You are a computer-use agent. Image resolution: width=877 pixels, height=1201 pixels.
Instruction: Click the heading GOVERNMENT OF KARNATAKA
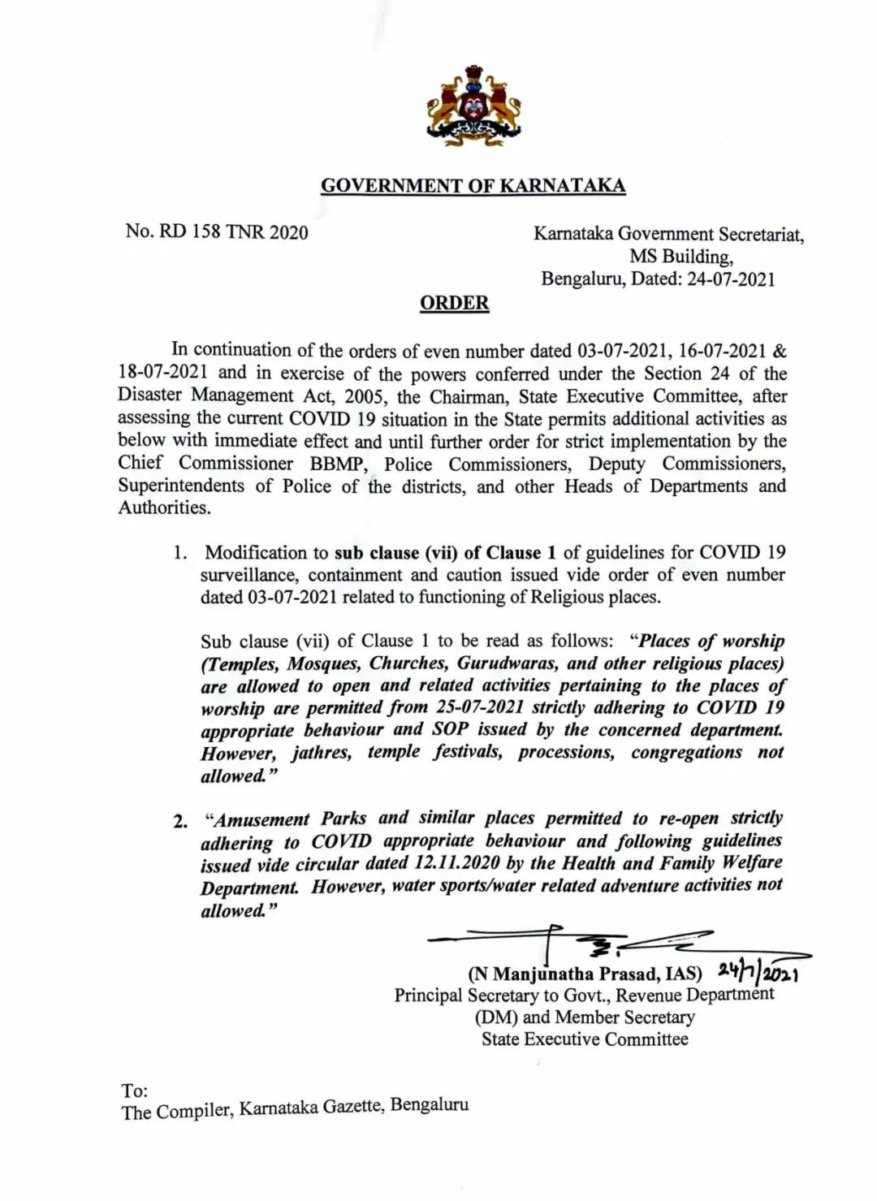click(x=473, y=186)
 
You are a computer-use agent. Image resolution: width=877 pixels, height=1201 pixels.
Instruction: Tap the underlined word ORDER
click(x=454, y=304)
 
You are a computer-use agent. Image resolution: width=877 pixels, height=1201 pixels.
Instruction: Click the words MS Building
click(x=680, y=257)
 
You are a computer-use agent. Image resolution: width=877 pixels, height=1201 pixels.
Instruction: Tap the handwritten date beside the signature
click(x=759, y=971)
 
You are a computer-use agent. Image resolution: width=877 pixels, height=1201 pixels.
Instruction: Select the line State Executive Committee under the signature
click(x=585, y=1039)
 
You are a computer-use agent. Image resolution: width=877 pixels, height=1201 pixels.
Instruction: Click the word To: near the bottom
click(x=135, y=1090)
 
